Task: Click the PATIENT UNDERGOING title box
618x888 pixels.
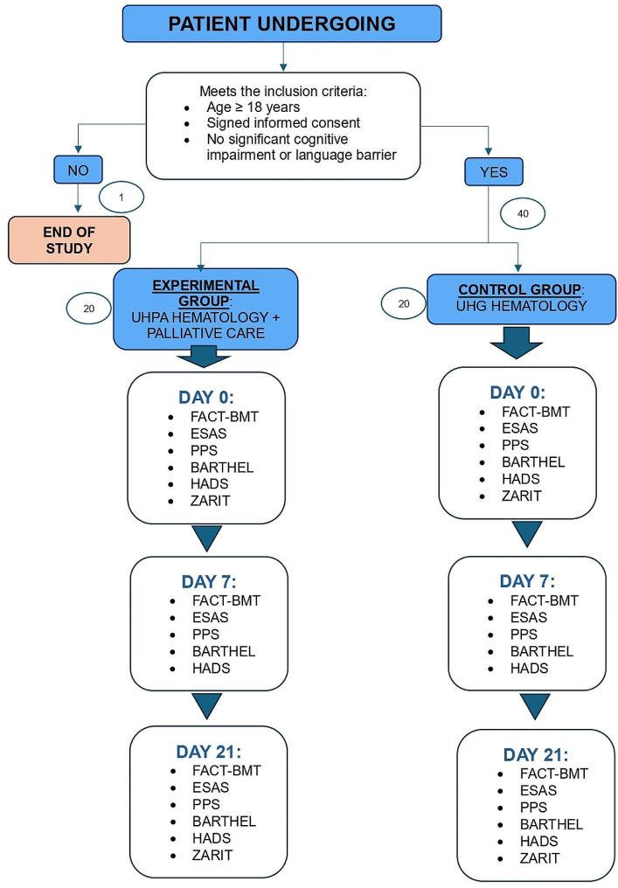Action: pyautogui.click(x=281, y=24)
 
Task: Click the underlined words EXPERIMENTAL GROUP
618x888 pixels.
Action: pyautogui.click(x=206, y=292)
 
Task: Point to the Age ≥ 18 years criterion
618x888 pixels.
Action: pyautogui.click(x=244, y=108)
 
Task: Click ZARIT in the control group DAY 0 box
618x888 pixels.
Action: pyautogui.click(x=522, y=496)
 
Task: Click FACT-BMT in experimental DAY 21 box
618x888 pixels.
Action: pyautogui.click(x=226, y=770)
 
